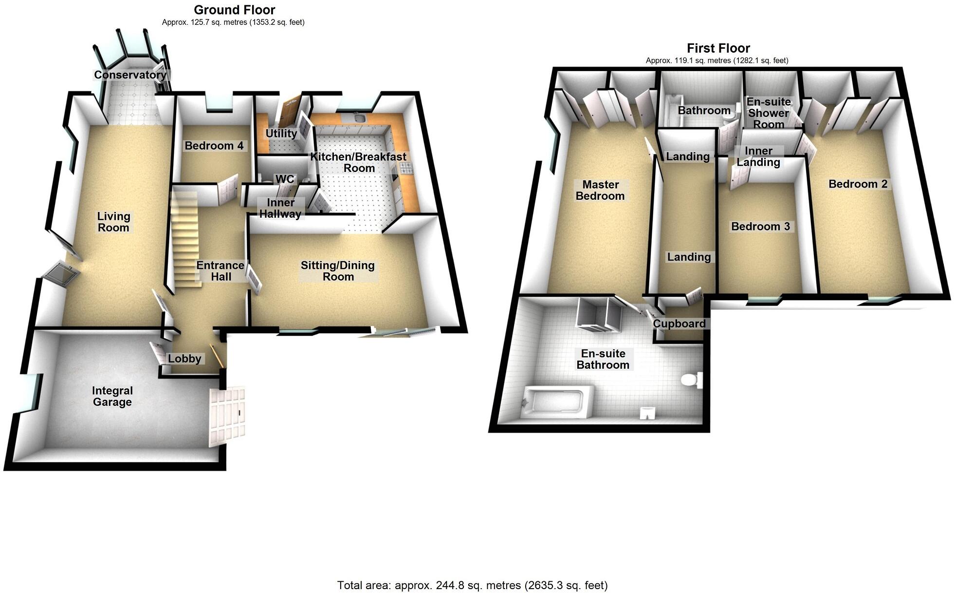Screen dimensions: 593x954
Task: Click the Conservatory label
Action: point(130,75)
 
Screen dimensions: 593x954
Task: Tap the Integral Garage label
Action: point(112,397)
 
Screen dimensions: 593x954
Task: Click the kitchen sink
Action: point(360,118)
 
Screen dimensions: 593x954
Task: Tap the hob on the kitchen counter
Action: point(406,168)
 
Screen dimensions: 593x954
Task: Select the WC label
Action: point(285,179)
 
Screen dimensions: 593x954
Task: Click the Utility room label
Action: point(281,134)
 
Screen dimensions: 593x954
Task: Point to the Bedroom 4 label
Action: point(214,146)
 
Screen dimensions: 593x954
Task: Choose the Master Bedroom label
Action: point(600,191)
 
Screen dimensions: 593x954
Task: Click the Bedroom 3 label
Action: point(760,227)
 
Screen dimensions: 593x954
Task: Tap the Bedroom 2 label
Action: point(858,184)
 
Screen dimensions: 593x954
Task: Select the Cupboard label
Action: point(679,324)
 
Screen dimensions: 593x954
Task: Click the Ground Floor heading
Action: point(234,10)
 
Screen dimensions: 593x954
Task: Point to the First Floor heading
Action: point(718,48)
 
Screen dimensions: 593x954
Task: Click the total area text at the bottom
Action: point(472,585)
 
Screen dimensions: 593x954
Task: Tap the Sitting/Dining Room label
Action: point(338,271)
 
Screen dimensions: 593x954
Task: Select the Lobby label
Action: point(184,359)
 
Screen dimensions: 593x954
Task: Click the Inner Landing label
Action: point(758,157)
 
